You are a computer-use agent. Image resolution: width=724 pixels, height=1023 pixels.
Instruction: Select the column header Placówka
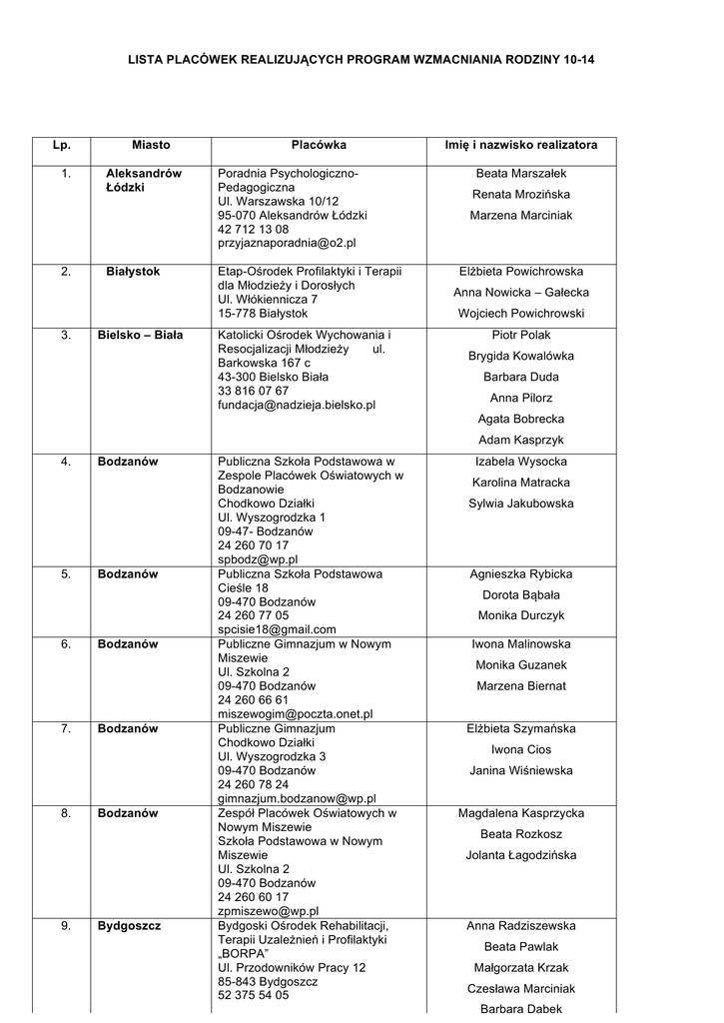tap(319, 146)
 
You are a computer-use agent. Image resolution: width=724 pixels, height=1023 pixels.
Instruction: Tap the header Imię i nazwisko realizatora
tap(521, 146)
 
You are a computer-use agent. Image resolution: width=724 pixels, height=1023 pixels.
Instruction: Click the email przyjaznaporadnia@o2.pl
tap(287, 243)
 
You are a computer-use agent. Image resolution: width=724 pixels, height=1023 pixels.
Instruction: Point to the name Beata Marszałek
tap(521, 174)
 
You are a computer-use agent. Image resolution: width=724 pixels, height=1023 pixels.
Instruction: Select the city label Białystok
tap(133, 272)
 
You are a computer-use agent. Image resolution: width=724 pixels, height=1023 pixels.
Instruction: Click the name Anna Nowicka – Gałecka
tap(521, 293)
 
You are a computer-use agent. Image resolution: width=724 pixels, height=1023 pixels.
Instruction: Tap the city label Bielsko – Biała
tap(141, 336)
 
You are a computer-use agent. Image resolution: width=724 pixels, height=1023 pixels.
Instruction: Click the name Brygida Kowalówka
tap(521, 357)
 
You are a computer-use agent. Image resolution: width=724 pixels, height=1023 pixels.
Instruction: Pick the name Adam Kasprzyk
tap(521, 441)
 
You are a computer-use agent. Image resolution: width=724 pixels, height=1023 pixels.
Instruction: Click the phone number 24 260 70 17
tap(253, 546)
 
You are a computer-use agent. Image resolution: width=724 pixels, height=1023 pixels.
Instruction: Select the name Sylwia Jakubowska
tap(521, 504)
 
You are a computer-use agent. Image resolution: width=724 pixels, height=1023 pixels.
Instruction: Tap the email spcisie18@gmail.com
tap(277, 630)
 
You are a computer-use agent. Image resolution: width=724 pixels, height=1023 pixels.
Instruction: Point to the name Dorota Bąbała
tap(521, 595)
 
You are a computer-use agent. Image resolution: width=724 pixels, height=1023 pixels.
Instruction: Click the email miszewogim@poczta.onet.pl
tap(295, 714)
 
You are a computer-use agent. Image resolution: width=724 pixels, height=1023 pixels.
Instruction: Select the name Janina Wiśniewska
tap(521, 771)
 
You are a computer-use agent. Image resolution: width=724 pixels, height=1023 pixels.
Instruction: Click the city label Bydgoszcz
tap(129, 926)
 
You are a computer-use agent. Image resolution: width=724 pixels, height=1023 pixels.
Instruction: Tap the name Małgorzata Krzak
tap(521, 968)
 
